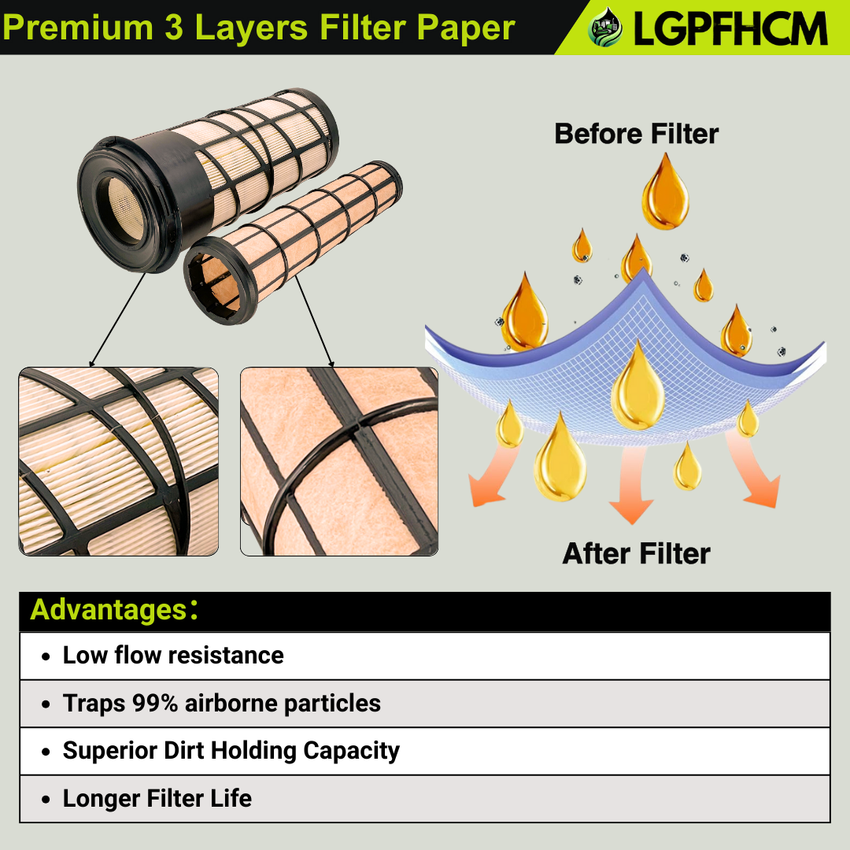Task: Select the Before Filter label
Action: (x=637, y=133)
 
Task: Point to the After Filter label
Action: (x=636, y=553)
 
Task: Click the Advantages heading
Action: (x=108, y=610)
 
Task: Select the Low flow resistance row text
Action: (x=173, y=656)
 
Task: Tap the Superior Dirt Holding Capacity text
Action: (x=231, y=750)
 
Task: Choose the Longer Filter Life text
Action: (x=157, y=798)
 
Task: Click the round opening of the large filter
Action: (x=123, y=208)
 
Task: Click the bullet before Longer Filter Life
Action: (x=46, y=799)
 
